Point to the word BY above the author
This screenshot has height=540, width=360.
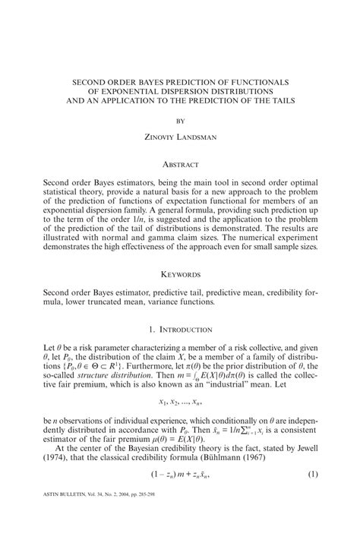point(180,119)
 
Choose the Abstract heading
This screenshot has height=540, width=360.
point(180,163)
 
